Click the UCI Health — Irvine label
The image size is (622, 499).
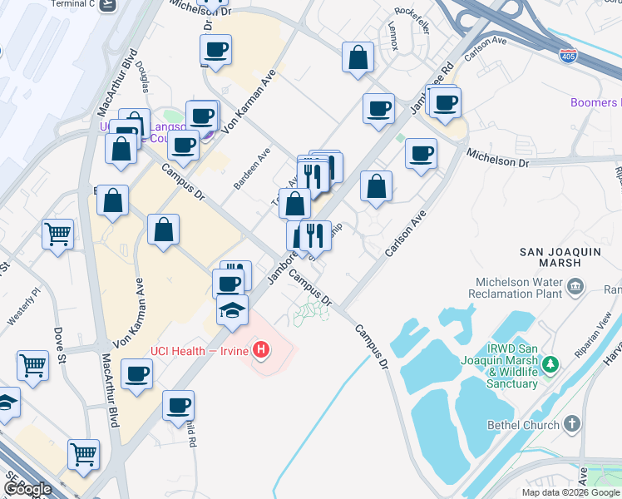click(x=200, y=351)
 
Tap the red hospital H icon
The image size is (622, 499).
click(x=261, y=349)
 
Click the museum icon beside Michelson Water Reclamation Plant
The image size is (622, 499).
click(x=575, y=288)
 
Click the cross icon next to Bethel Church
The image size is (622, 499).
click(x=571, y=424)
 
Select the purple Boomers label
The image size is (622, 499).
click(x=595, y=102)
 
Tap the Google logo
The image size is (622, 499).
click(x=27, y=490)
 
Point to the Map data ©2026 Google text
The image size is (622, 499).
click(x=570, y=492)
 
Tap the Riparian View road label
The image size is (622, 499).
click(x=595, y=326)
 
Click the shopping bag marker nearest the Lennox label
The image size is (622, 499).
click(x=358, y=58)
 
